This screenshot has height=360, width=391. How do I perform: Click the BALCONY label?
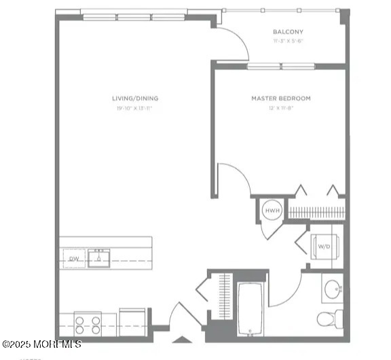288,32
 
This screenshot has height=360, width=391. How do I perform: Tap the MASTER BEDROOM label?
280,98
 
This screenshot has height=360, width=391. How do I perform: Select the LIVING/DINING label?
135,98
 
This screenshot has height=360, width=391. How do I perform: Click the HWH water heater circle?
272,211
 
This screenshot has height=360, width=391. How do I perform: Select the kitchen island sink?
98,257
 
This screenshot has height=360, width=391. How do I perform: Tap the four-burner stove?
87,323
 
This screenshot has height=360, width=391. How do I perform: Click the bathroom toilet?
331,318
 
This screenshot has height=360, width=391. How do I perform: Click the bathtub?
253,309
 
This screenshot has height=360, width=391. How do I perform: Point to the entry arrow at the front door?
181,339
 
